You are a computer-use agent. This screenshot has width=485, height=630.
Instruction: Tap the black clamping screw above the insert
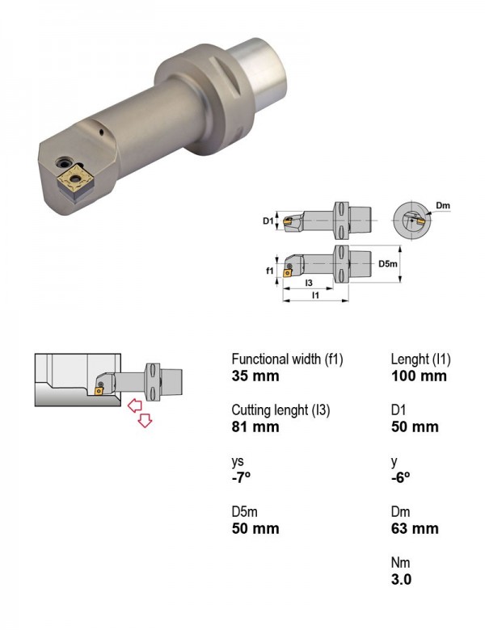coord(64,162)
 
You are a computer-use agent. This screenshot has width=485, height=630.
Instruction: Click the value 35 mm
coord(255,376)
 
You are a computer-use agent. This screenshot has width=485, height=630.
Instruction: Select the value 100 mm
coord(419,376)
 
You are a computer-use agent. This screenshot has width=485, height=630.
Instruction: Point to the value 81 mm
coord(255,426)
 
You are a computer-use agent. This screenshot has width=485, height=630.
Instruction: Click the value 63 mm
coord(415,528)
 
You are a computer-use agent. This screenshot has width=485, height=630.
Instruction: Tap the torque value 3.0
coord(401,579)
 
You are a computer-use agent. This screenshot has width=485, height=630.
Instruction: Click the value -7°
coord(241,477)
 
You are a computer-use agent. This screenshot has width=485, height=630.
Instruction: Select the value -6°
coord(401,477)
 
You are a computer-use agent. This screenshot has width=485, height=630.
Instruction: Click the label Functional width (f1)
coord(287,359)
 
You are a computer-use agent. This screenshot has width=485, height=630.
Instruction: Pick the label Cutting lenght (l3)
coord(280,409)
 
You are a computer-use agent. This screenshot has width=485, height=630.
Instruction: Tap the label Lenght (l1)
coord(420,359)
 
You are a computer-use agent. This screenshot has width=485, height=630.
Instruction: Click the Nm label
coord(400,562)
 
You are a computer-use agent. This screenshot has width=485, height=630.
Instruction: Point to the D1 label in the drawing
coord(268,220)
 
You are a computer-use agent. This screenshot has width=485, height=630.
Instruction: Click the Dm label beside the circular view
coord(443,206)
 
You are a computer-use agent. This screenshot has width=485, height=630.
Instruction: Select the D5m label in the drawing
coord(388,264)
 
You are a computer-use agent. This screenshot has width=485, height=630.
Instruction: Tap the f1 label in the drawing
coord(269,271)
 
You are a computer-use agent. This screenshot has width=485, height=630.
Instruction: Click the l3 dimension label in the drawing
coord(309,283)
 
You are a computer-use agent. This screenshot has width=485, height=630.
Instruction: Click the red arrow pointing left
coord(135,405)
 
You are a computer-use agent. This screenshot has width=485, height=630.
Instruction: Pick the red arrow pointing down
coord(145,420)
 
